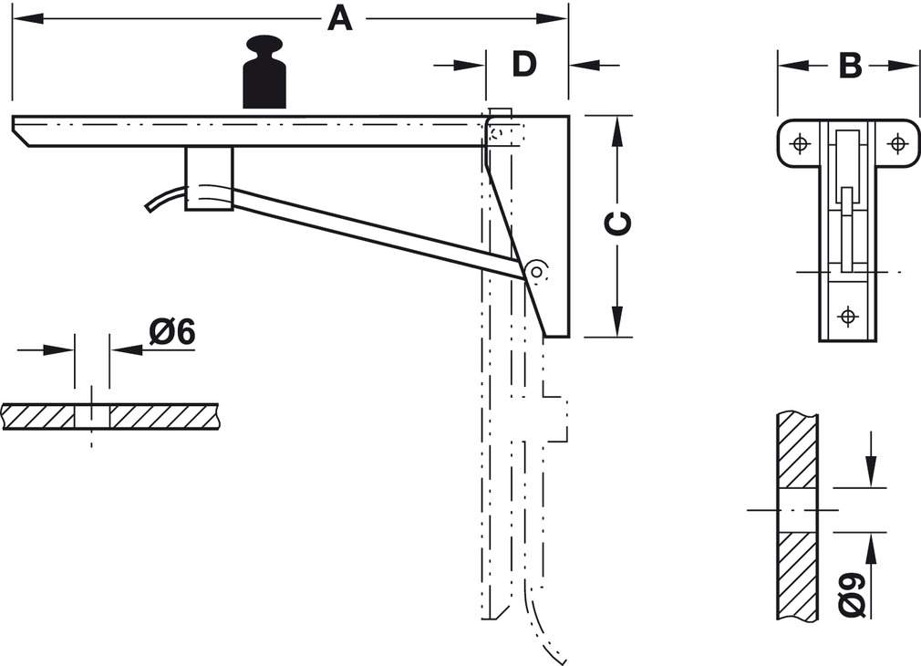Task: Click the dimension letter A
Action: (339, 18)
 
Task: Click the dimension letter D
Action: (523, 64)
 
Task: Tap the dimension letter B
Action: (849, 65)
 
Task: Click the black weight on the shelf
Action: (264, 75)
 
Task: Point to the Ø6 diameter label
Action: (172, 332)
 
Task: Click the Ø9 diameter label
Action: (851, 592)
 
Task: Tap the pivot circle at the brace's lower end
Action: (538, 270)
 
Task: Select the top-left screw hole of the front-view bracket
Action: (800, 143)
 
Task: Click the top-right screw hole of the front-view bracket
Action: (897, 143)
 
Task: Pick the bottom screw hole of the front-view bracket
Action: (848, 317)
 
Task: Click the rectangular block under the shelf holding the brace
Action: (209, 178)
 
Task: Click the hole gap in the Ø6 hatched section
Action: (91, 417)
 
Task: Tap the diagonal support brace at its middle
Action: (378, 232)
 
